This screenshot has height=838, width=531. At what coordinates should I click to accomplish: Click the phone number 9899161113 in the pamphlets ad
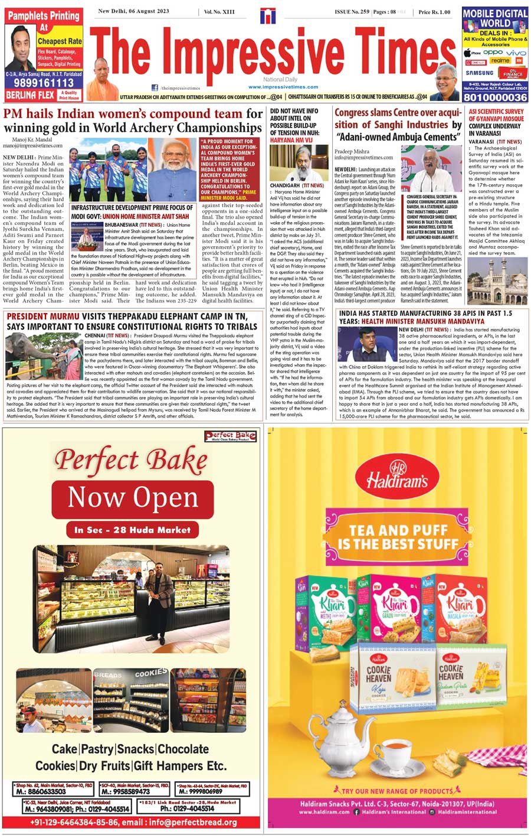tap(40, 84)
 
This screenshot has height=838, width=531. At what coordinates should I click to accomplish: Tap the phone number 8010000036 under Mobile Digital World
tap(494, 97)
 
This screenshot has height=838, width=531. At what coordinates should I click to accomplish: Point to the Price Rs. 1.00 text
tap(434, 12)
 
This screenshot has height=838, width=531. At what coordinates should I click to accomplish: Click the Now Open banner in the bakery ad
tap(132, 497)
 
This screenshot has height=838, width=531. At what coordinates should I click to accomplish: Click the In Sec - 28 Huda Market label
tap(132, 530)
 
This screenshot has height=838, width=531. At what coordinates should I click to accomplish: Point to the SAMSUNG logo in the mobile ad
tap(479, 73)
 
